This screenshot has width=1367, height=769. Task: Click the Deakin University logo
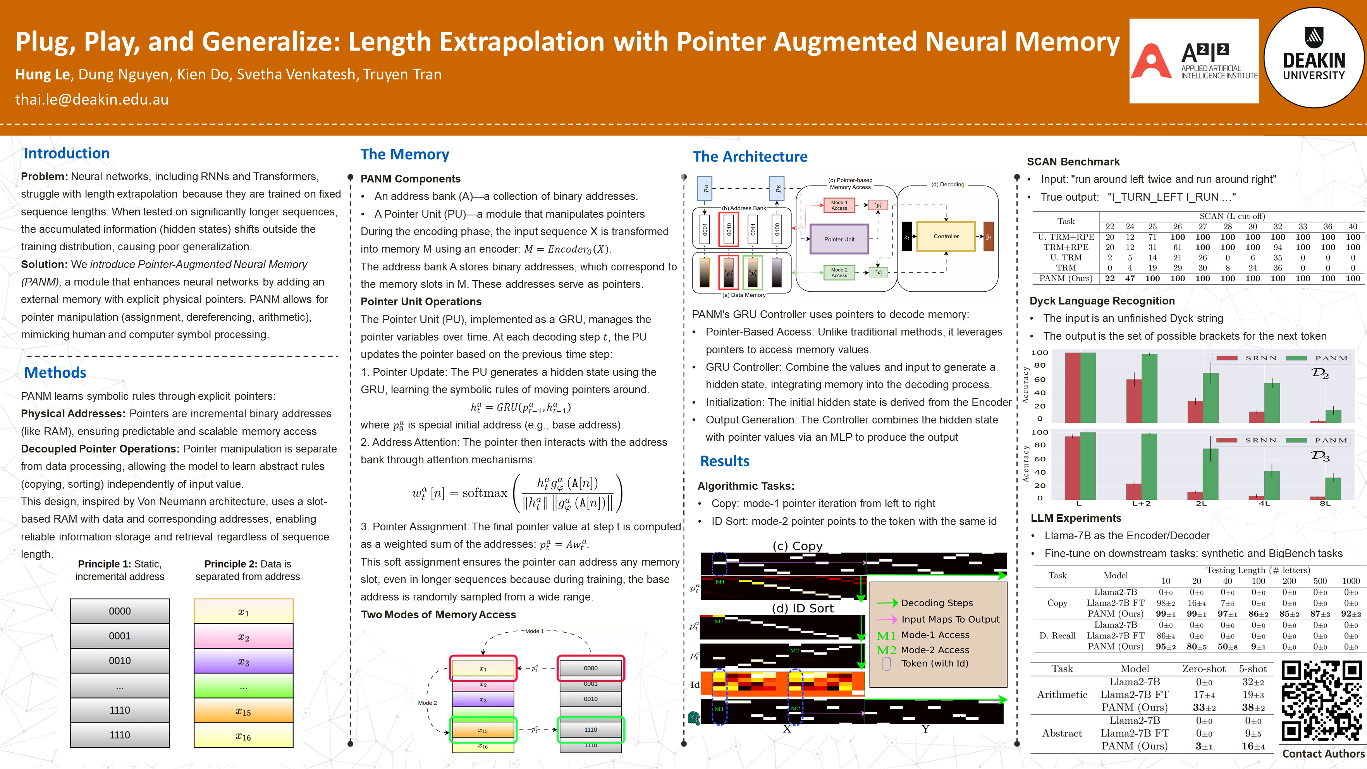click(x=1314, y=58)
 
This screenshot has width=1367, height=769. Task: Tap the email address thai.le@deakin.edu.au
click(x=92, y=99)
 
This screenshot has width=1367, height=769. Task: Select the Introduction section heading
click(x=67, y=153)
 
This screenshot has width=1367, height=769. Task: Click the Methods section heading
click(x=55, y=373)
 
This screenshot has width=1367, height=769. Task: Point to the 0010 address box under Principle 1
click(x=120, y=661)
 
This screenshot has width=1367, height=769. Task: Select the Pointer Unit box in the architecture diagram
click(x=839, y=239)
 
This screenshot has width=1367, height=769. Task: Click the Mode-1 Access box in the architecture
click(x=839, y=205)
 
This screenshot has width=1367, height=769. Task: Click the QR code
click(x=1321, y=700)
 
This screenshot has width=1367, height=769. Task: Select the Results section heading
click(x=724, y=461)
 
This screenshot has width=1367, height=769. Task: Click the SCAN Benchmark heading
click(x=1073, y=162)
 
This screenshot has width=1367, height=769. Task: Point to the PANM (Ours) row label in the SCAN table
click(x=1065, y=279)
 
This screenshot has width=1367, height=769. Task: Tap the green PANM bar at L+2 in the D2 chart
click(x=1149, y=387)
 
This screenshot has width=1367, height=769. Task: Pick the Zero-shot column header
click(x=1204, y=669)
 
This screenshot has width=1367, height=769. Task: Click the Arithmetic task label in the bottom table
click(x=1062, y=695)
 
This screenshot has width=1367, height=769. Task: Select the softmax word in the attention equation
click(x=485, y=493)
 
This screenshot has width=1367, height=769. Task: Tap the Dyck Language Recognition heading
click(x=1102, y=301)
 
